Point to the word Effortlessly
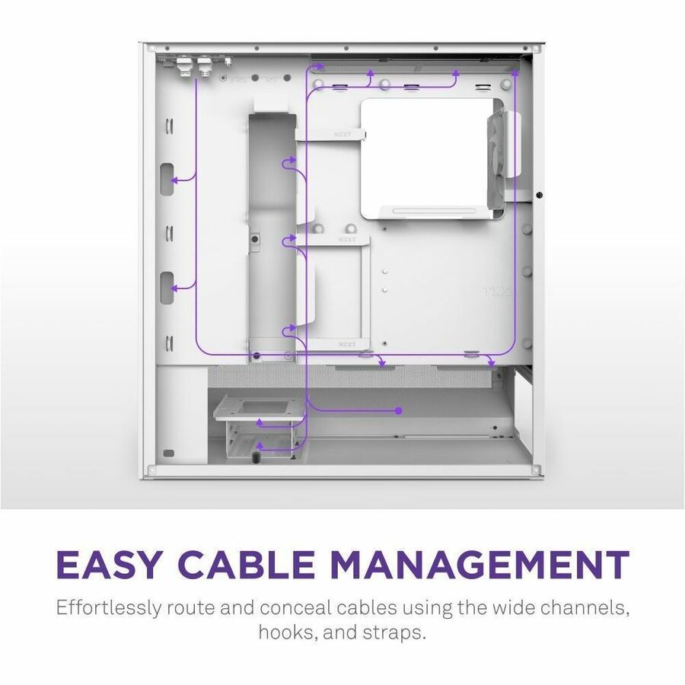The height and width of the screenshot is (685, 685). (109, 608)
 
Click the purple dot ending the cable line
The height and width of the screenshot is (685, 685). (398, 411)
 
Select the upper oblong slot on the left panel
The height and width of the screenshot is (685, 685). (167, 179)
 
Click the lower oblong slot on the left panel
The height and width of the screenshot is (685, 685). (167, 288)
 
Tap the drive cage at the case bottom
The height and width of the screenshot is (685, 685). (259, 426)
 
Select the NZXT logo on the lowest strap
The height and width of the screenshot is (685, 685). (347, 345)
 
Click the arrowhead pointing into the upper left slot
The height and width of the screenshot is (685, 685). (174, 180)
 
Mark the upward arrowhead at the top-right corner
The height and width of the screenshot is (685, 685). (515, 72)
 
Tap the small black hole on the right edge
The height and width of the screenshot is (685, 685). (539, 195)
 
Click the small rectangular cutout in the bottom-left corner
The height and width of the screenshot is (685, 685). (169, 453)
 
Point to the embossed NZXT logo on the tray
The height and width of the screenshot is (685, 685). (498, 292)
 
